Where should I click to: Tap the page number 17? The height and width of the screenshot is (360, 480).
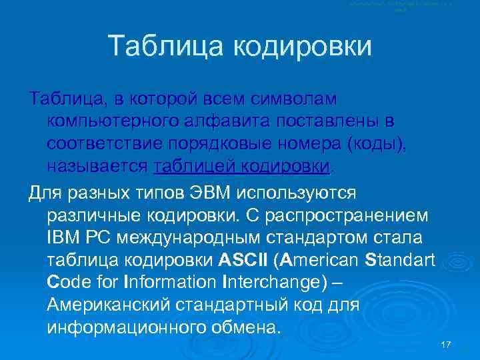[447, 344]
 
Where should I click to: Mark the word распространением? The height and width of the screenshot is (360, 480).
[356, 215]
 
